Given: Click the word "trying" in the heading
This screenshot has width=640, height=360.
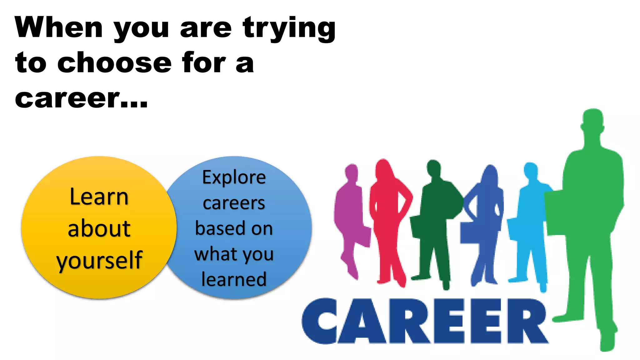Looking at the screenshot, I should pyautogui.click(x=289, y=29).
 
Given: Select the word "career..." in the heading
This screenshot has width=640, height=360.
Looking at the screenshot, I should pyautogui.click(x=81, y=98).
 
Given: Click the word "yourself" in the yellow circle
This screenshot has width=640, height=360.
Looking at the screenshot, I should pyautogui.click(x=99, y=260).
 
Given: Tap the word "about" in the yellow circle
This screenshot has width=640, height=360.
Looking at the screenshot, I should pyautogui.click(x=99, y=228).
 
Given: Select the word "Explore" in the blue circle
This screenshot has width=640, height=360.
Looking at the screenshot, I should pyautogui.click(x=234, y=177).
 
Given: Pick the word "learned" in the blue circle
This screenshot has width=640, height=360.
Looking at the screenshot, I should pyautogui.click(x=234, y=279).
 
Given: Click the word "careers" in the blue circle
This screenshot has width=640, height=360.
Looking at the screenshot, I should pyautogui.click(x=234, y=203).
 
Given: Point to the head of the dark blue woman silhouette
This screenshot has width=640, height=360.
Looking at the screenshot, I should pyautogui.click(x=490, y=174).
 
